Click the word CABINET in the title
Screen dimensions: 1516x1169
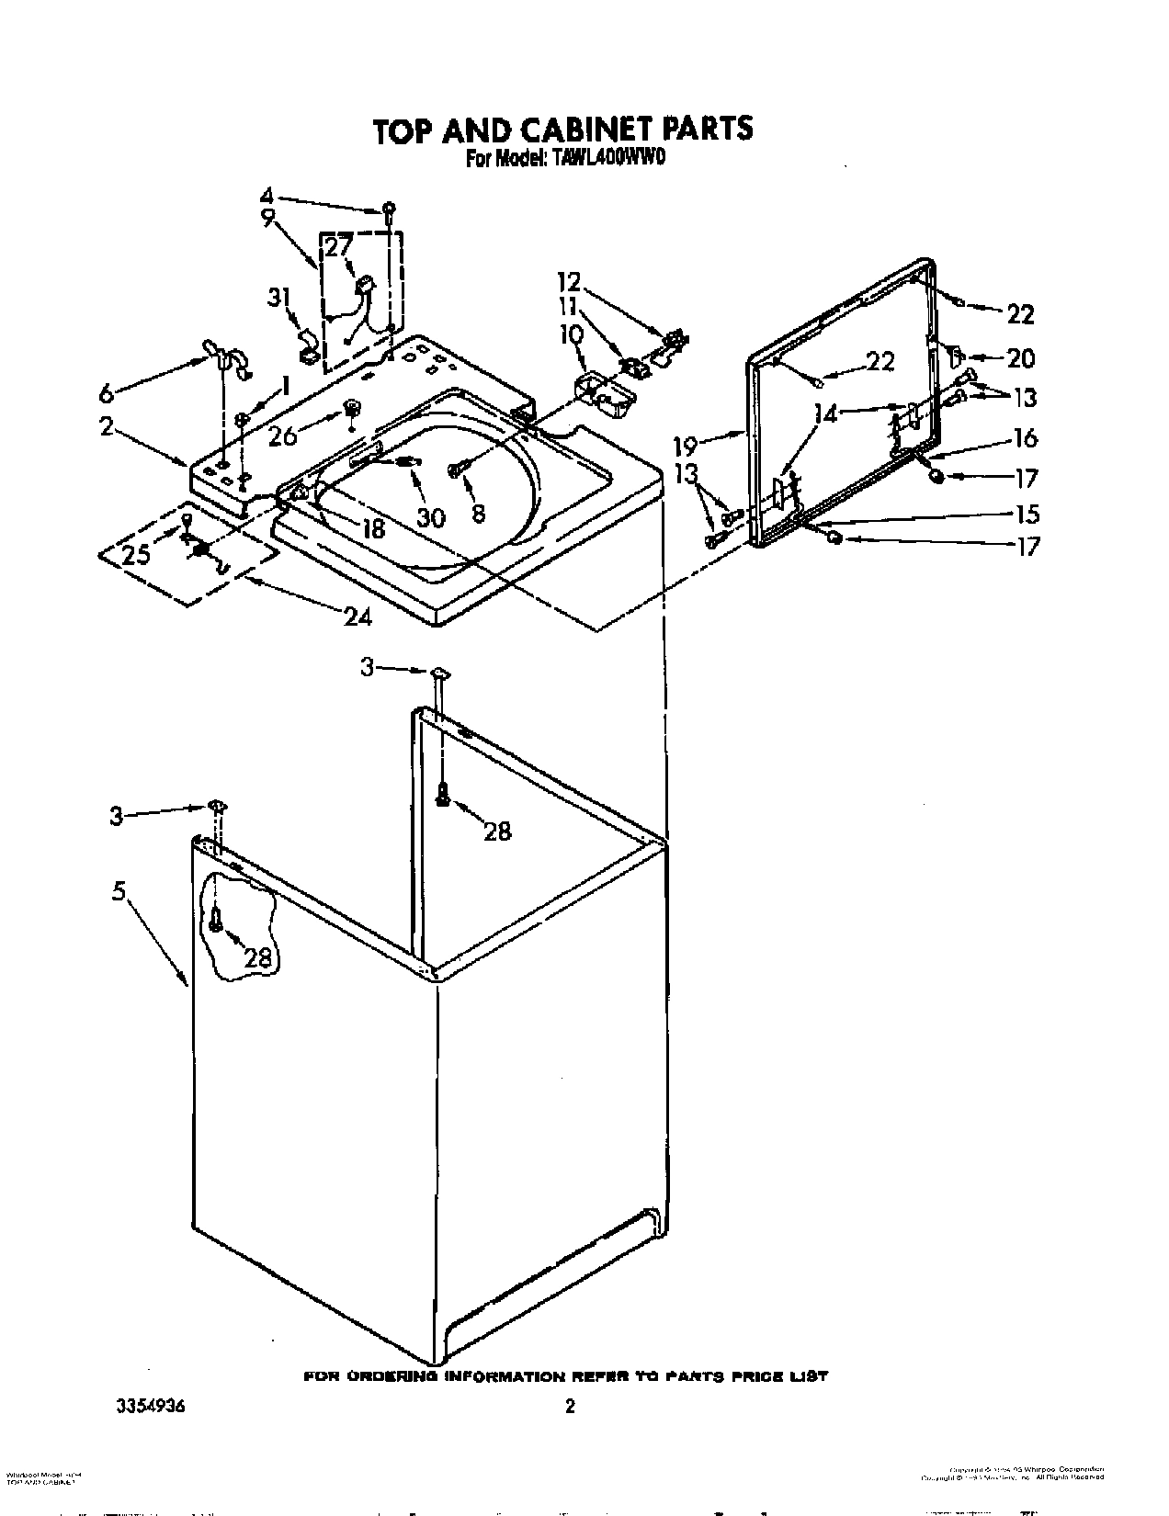pyautogui.click(x=573, y=129)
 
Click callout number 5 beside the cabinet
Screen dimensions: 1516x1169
pyautogui.click(x=119, y=891)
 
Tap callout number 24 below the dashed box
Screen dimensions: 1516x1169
pyautogui.click(x=358, y=617)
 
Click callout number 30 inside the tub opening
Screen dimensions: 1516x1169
pyautogui.click(x=430, y=517)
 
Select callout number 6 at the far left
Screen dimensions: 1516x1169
pyautogui.click(x=107, y=393)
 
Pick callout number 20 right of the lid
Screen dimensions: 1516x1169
pyautogui.click(x=1020, y=357)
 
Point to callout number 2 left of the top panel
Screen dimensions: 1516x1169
pyautogui.click(x=108, y=426)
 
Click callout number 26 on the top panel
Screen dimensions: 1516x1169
pyautogui.click(x=283, y=435)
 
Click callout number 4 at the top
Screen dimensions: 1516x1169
pyautogui.click(x=267, y=196)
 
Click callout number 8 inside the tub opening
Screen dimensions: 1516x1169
pyautogui.click(x=478, y=515)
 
